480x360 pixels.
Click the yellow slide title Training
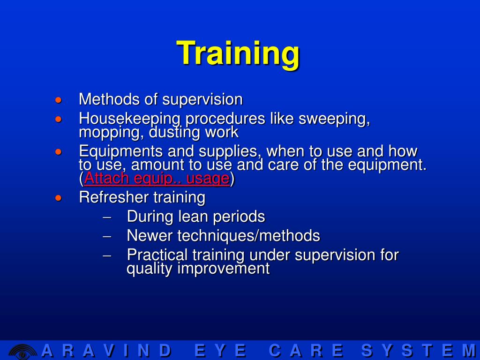click(238, 52)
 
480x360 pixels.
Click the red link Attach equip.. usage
click(157, 179)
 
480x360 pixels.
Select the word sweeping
click(334, 119)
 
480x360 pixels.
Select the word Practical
click(156, 255)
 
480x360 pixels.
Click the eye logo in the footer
click(22, 351)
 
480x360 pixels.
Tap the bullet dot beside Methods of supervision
click(58, 100)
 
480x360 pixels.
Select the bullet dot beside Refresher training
click(58, 198)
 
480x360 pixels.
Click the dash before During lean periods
click(106, 217)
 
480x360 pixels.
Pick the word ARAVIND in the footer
click(106, 351)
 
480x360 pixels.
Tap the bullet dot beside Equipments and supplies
click(58, 152)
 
